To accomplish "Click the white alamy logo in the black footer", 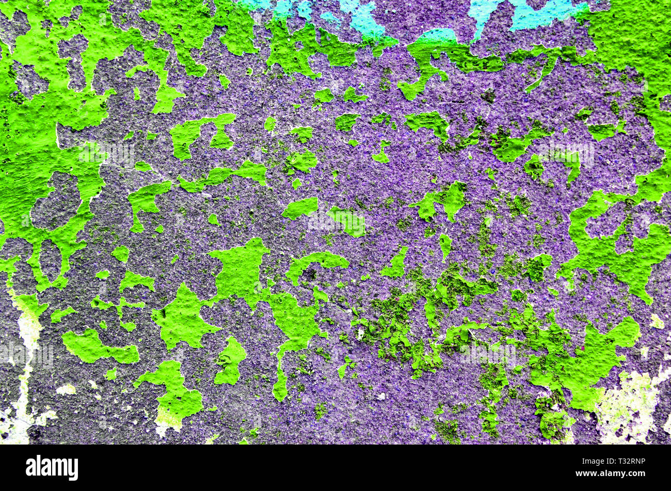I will tap(52, 468).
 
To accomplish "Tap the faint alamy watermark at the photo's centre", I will tap(335, 221).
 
